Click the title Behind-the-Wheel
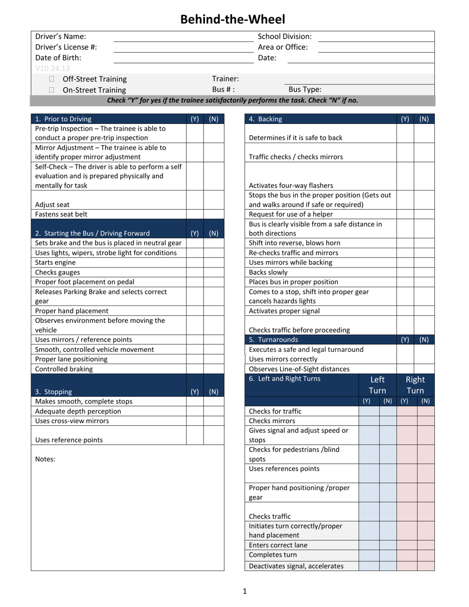point(233,19)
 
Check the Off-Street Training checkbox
point(52,79)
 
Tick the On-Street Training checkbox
point(52,90)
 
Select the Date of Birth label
point(58,57)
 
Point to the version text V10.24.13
point(52,69)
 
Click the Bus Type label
point(305,89)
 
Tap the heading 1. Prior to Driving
point(63,119)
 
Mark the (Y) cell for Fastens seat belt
point(195,214)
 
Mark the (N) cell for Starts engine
point(213,263)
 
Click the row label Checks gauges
point(57,272)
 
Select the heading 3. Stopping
point(53,392)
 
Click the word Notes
point(45,459)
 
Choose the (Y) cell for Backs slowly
point(405,272)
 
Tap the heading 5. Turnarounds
point(273,340)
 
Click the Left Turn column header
point(377,385)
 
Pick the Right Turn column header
point(415,385)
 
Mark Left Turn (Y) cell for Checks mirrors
point(368,421)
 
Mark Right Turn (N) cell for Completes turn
point(426,555)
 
